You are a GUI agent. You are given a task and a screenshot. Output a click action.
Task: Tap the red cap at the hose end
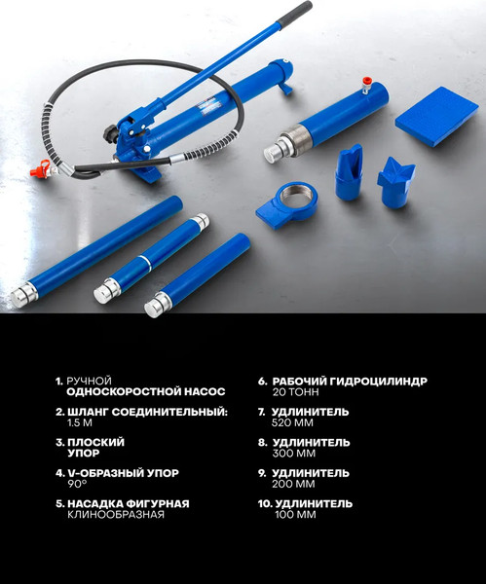click(39, 170)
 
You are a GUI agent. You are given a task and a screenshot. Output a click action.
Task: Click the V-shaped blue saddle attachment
click(395, 180)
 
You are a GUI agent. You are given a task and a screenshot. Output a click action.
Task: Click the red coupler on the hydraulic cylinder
click(367, 84)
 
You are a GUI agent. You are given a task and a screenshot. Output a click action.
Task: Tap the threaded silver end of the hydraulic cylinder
click(279, 151)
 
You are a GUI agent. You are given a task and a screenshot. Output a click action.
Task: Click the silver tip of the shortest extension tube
click(153, 308)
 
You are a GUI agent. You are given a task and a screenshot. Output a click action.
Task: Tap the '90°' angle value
click(77, 484)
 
